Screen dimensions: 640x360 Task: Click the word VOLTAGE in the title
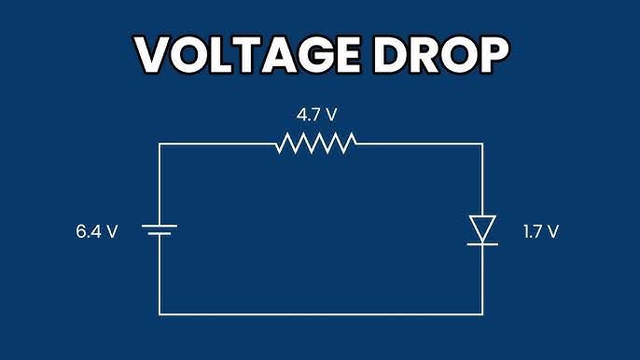[248, 54]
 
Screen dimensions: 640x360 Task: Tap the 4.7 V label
[317, 115]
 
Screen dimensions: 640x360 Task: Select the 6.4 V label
[97, 231]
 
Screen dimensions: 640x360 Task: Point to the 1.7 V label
[541, 231]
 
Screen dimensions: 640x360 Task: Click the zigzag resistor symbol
[316, 144]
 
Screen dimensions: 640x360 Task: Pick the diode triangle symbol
[482, 228]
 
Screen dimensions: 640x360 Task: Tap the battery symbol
[160, 229]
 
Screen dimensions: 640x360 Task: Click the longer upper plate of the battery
[160, 226]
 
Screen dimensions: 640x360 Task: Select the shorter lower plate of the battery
[160, 234]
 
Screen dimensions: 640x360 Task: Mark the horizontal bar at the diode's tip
[482, 244]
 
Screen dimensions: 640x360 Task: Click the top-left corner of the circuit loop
[160, 144]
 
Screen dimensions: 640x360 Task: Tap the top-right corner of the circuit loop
[482, 144]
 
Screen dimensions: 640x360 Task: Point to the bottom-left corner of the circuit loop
[160, 314]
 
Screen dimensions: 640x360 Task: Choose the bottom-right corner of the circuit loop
[482, 314]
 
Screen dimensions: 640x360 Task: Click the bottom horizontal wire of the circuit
[321, 314]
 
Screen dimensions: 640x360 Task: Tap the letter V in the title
[151, 55]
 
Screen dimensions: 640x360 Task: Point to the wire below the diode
[482, 280]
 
